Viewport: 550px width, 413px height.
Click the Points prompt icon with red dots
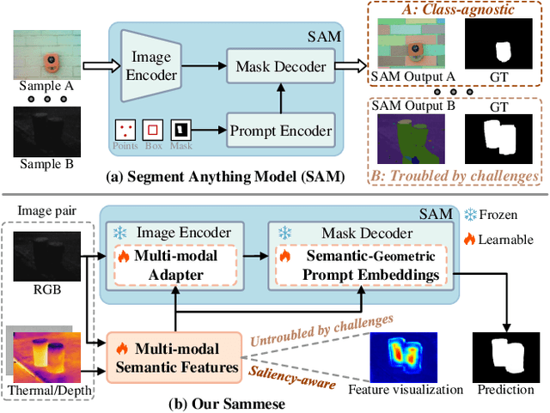(x=125, y=131)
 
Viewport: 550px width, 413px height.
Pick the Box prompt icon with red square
(x=153, y=131)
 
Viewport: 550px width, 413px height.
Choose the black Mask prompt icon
(x=180, y=131)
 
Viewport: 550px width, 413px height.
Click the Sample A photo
(x=48, y=56)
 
